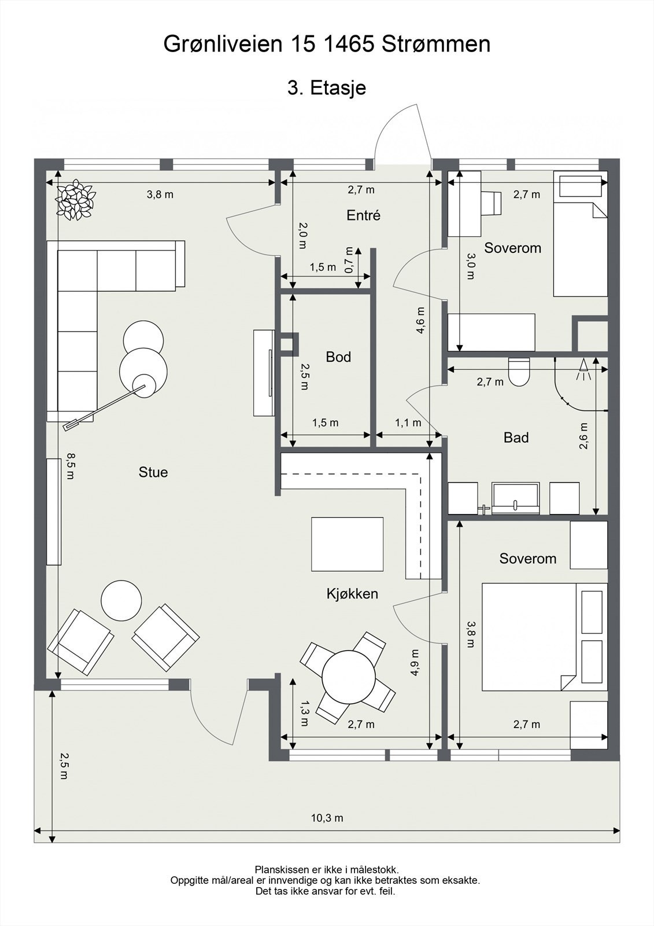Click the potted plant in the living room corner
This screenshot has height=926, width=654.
click(x=76, y=200)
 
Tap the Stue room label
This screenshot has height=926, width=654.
click(x=153, y=472)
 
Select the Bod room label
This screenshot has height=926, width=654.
click(x=338, y=357)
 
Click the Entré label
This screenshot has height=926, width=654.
click(x=363, y=215)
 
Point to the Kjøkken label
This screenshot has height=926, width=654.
click(x=352, y=594)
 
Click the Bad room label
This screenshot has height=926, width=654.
click(x=516, y=437)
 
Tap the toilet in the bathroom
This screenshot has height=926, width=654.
click(x=519, y=371)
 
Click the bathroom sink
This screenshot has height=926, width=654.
click(x=516, y=498)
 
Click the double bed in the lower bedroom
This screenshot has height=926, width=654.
click(x=545, y=637)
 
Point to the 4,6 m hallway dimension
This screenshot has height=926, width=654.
click(x=420, y=320)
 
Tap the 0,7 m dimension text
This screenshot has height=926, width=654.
click(x=349, y=260)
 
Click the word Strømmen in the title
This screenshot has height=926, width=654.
click(x=436, y=44)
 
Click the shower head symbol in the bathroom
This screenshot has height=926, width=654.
click(x=584, y=369)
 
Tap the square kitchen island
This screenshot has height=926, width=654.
click(x=347, y=544)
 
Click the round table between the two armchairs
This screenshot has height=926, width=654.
click(x=121, y=600)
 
